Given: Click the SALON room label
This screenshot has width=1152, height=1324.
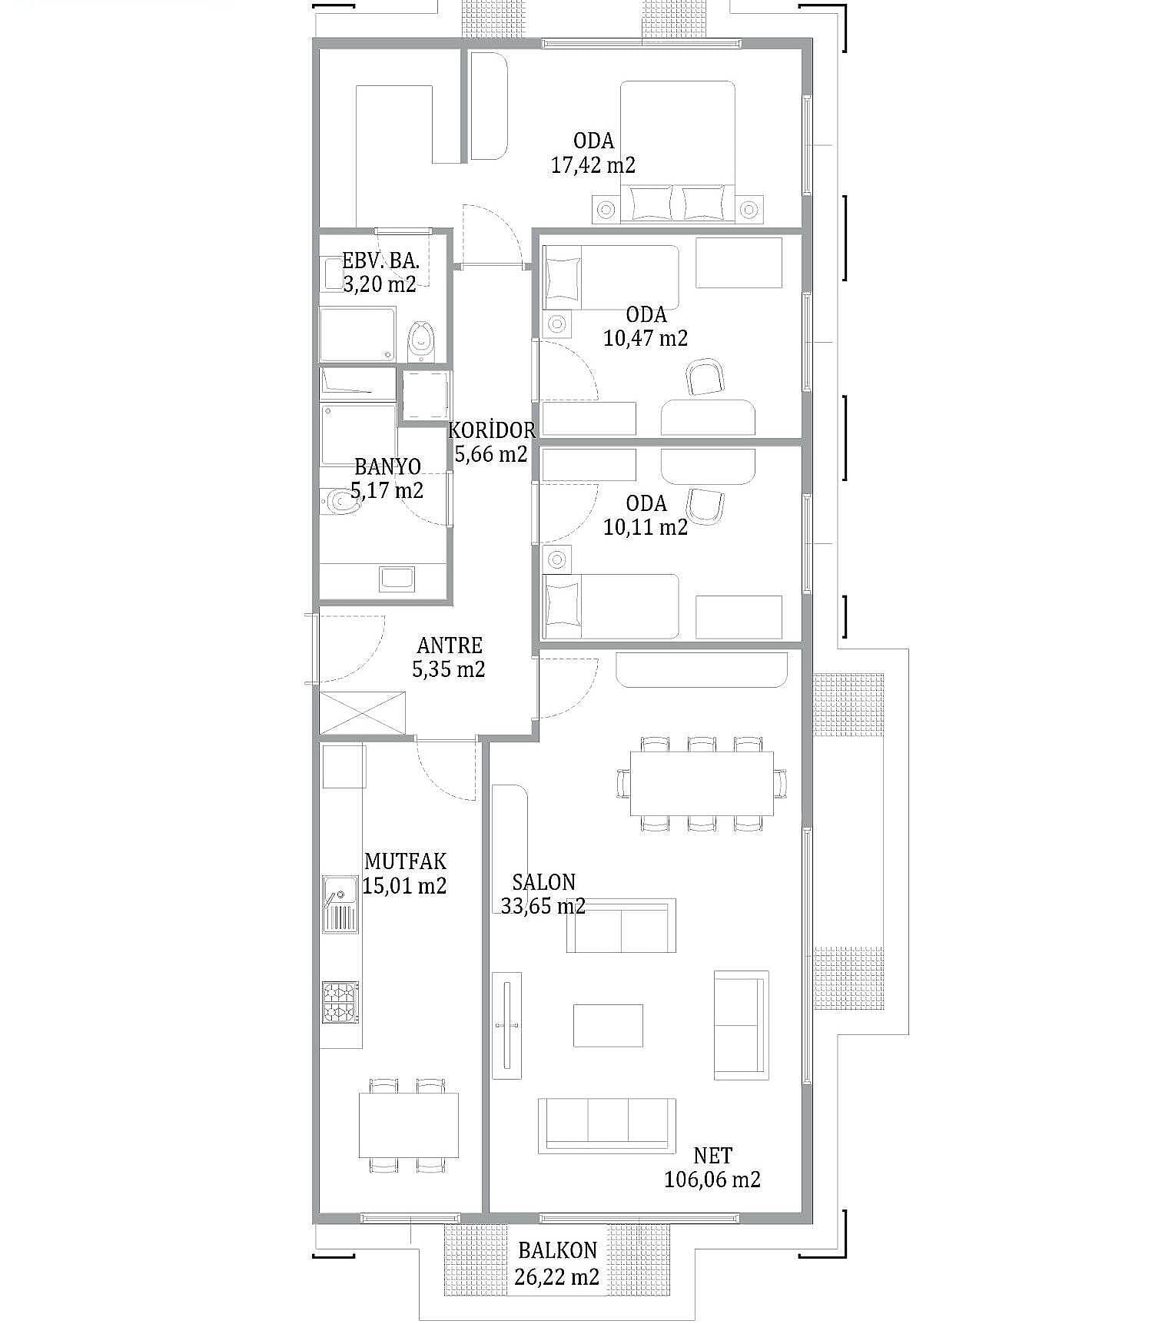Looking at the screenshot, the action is (543, 881).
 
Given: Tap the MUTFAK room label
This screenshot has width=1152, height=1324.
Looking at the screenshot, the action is (405, 861).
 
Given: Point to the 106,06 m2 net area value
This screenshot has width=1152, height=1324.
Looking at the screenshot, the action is (712, 1179).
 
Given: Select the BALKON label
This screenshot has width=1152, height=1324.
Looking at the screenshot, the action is (557, 1251).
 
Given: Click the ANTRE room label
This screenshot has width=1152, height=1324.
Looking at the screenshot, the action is (450, 645).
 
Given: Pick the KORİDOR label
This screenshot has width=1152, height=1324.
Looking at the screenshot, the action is (492, 429).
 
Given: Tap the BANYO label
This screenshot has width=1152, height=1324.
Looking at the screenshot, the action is (387, 466).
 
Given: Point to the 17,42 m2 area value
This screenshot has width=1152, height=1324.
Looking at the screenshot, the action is (593, 164).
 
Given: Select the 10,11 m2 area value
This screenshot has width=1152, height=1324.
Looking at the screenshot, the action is (646, 527).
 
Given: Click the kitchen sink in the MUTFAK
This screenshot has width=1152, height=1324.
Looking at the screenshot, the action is (340, 904).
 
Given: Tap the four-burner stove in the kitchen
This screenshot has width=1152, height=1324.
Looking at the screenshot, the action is (340, 1003).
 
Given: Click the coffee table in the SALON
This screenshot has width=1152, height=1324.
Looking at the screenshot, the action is (608, 1025).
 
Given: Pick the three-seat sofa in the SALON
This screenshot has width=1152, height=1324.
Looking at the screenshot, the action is (607, 1125).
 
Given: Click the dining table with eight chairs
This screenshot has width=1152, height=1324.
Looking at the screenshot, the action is (702, 783).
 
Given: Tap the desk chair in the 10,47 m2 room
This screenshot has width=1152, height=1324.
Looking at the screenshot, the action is (705, 377).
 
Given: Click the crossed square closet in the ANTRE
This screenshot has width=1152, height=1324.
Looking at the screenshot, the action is (363, 712).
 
